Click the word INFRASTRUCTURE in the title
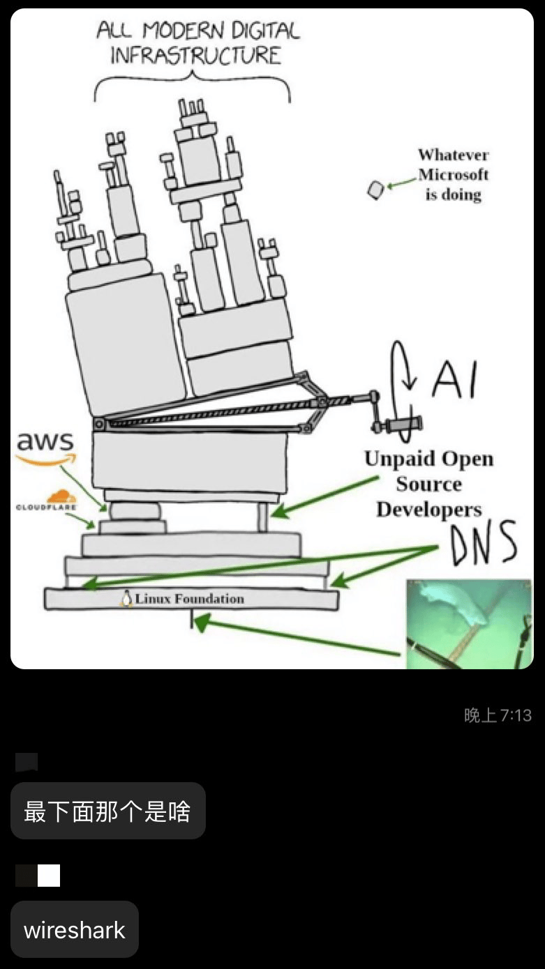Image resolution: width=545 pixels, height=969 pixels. (195, 56)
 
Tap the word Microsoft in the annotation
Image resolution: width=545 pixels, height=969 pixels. (453, 174)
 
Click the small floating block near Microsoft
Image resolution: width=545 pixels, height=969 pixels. (375, 190)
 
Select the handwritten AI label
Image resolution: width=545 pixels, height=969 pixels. (454, 380)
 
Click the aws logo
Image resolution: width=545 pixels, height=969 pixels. (45, 448)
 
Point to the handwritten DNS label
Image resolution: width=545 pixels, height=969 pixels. (484, 543)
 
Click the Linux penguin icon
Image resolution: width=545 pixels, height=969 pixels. (126, 599)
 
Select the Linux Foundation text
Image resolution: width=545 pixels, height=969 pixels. (189, 599)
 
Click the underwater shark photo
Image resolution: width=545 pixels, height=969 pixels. (469, 624)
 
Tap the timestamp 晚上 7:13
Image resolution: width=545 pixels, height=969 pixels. (498, 715)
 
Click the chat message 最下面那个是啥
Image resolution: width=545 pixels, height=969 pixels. (107, 811)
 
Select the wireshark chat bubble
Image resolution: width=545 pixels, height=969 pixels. (75, 931)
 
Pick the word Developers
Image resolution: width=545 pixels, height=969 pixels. (429, 510)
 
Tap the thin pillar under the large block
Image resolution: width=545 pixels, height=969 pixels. (262, 517)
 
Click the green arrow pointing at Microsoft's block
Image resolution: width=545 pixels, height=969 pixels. (402, 183)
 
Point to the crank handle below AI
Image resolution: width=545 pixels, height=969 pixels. (397, 425)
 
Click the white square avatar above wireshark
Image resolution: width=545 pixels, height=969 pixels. (48, 876)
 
